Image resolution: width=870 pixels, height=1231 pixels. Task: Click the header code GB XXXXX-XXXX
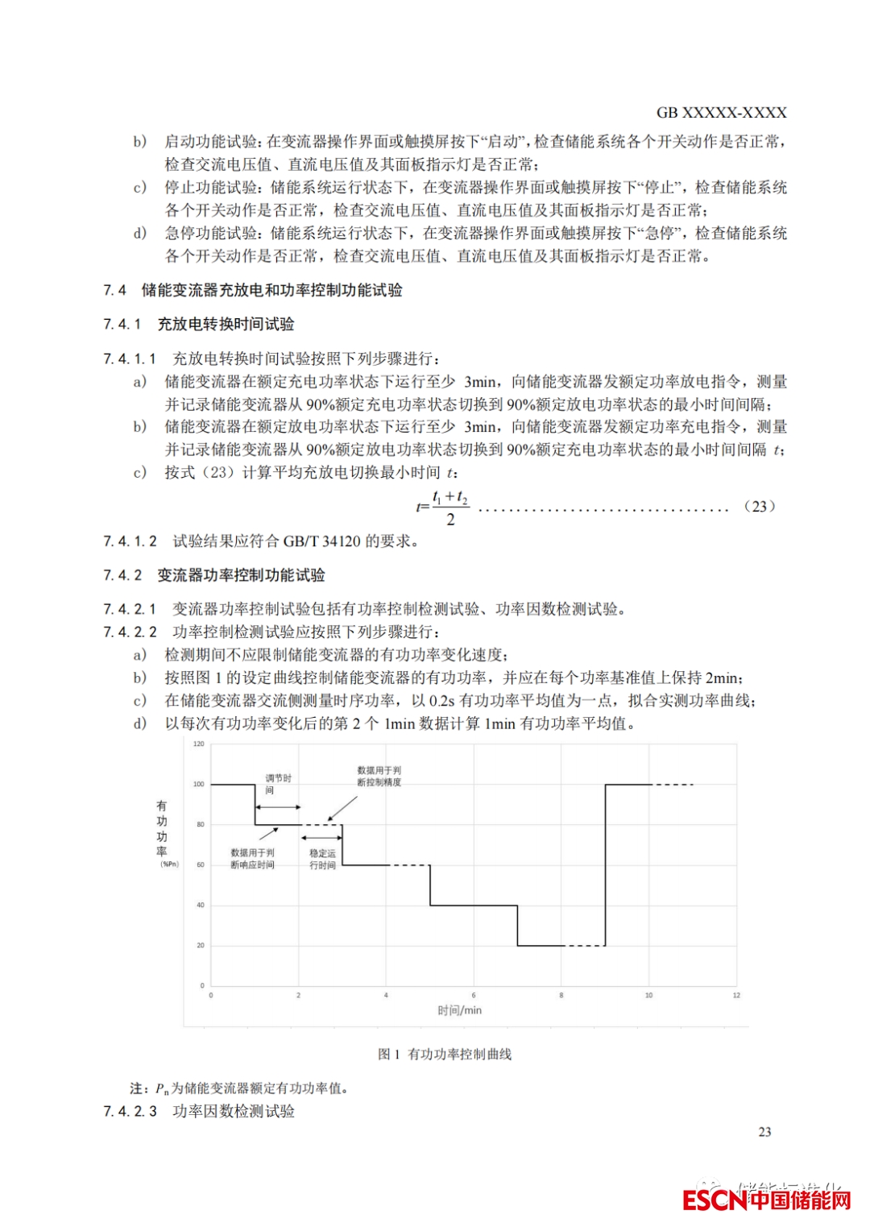(721, 113)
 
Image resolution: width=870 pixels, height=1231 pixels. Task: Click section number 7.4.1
(122, 324)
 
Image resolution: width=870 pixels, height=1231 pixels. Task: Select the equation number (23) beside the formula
(759, 507)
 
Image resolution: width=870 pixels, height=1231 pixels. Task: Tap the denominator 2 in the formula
(450, 520)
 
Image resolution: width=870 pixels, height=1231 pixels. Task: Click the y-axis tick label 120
(199, 744)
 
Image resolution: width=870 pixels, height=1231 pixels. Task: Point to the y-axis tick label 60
(201, 864)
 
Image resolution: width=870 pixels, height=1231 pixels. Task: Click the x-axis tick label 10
(648, 996)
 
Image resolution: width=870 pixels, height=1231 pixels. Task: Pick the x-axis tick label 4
(386, 996)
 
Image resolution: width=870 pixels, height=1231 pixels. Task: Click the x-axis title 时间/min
(460, 1010)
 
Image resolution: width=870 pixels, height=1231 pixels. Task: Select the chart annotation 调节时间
(278, 784)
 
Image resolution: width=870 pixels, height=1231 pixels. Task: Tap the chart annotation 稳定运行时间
(322, 859)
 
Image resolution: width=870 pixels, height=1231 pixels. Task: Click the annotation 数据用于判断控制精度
(379, 777)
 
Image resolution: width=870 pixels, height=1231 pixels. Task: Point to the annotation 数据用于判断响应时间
(252, 859)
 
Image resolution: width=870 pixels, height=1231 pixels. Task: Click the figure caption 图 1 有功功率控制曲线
(445, 1054)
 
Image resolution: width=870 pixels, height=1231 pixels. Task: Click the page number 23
(764, 1132)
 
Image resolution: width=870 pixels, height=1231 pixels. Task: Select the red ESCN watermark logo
(766, 1200)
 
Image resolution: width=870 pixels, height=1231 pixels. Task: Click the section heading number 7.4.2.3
(130, 1112)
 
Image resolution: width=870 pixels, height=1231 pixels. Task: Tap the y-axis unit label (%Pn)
(169, 864)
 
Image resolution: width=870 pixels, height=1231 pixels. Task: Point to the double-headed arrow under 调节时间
(278, 806)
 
